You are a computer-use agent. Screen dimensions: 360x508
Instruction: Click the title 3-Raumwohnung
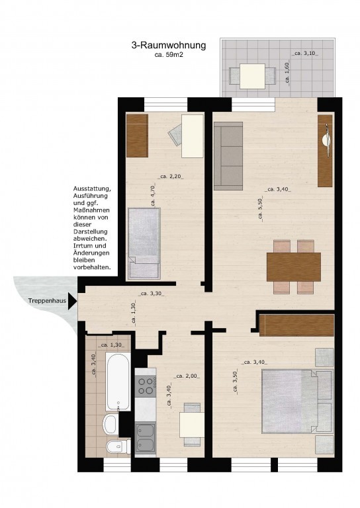click(169, 45)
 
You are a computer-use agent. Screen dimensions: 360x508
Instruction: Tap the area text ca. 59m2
click(169, 55)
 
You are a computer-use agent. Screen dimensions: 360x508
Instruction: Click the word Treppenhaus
click(47, 301)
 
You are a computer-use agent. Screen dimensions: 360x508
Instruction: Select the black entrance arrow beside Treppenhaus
click(73, 301)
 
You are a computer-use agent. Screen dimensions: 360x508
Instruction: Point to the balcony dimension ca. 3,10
click(305, 54)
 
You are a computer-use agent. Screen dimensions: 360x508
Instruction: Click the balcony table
click(252, 76)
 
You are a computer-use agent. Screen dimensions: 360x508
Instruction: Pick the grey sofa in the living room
click(228, 156)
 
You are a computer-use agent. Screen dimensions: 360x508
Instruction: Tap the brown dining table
click(294, 267)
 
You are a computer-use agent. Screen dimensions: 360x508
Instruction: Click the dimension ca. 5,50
click(260, 210)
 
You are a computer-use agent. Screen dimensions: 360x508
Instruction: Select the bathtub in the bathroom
click(118, 382)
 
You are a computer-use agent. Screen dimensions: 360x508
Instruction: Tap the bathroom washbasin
click(110, 424)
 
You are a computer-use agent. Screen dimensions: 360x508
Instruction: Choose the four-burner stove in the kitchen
click(146, 386)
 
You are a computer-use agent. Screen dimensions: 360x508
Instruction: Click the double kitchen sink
click(146, 438)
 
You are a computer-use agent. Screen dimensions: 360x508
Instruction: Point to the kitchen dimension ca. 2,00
click(187, 376)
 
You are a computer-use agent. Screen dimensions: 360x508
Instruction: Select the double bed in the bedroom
click(297, 401)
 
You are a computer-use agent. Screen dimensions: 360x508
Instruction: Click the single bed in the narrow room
click(144, 243)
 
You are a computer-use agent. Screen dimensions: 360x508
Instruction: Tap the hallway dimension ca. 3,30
click(151, 294)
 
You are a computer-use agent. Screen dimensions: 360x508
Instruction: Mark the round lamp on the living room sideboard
click(326, 140)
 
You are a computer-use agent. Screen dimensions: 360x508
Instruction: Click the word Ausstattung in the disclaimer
click(92, 189)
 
